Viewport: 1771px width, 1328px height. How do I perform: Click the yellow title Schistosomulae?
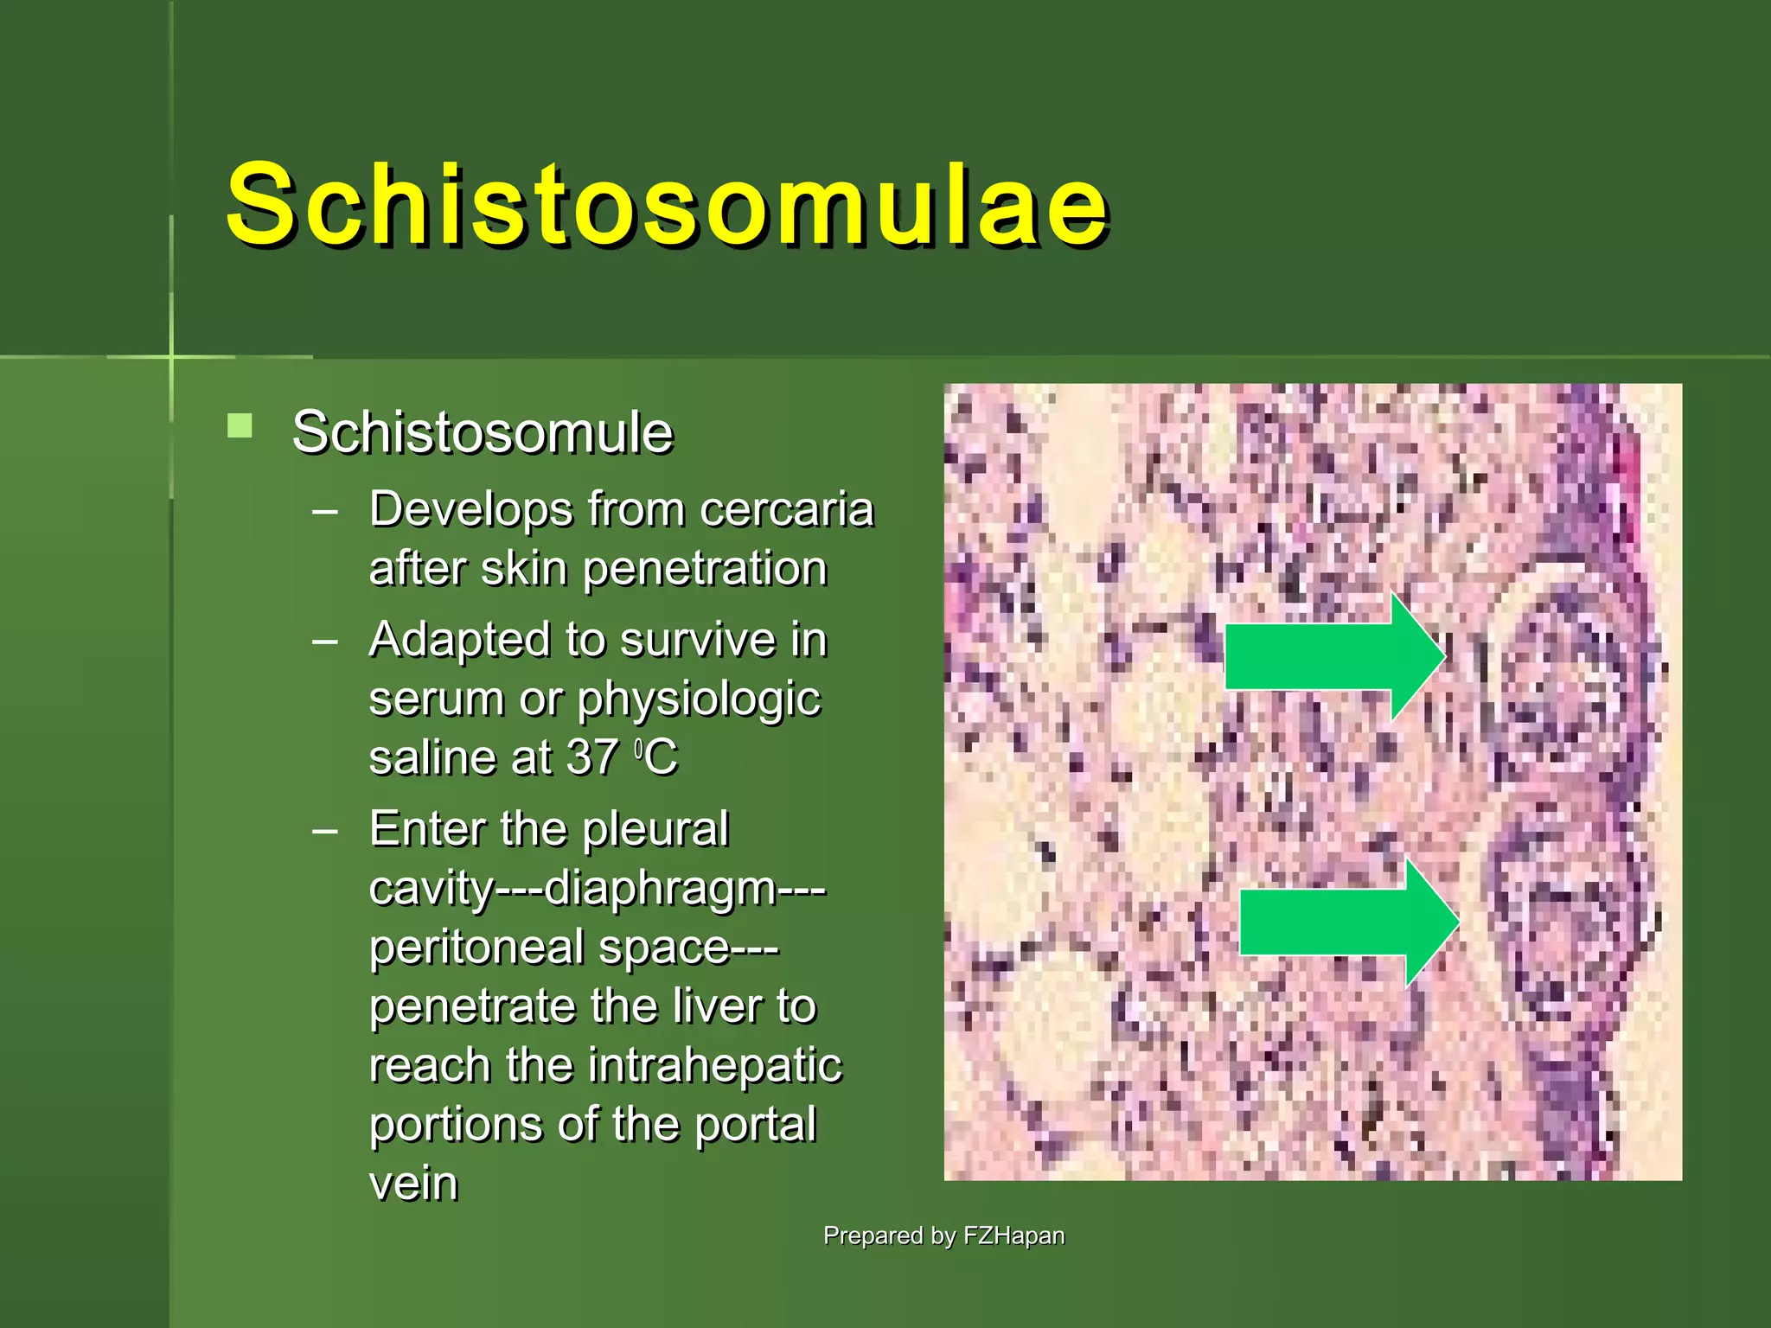coord(666,206)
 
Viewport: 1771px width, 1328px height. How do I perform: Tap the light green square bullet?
coord(240,426)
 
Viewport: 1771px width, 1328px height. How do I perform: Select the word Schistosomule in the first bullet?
coord(482,432)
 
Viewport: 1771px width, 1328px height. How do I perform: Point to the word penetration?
coord(705,569)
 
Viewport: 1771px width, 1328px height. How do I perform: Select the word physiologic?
coord(698,699)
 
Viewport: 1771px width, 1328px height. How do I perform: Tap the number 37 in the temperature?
coord(591,757)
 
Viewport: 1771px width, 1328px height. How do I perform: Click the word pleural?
coord(655,828)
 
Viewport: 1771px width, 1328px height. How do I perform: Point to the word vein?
coord(412,1184)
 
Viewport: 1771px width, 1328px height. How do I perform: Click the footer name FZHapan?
coord(1013,1235)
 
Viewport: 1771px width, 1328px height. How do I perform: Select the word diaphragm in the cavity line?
coord(661,889)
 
